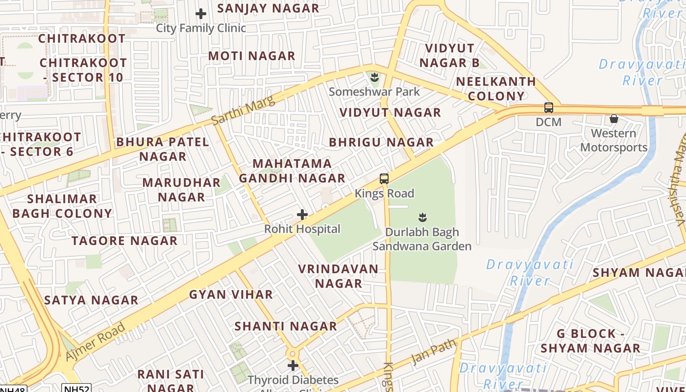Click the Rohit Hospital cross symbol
302,215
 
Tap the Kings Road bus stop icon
384,179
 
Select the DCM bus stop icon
548,108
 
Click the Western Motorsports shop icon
613,119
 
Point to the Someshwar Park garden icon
375,77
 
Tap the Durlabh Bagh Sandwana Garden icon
422,217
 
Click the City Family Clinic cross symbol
201,14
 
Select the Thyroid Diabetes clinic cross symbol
293,366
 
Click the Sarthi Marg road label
244,110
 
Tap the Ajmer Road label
95,342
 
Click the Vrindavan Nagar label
338,276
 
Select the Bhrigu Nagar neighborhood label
381,142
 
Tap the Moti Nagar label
252,56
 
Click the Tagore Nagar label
124,241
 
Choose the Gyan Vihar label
231,294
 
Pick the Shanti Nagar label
286,326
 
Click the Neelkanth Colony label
496,88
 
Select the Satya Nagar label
91,300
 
